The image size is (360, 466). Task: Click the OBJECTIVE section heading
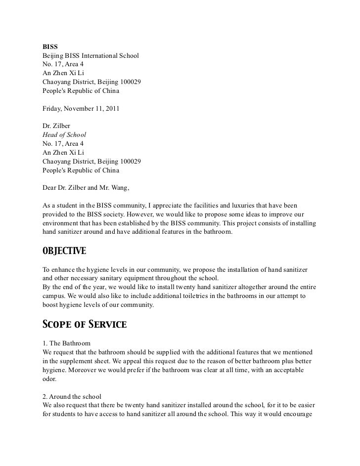pyautogui.click(x=64, y=251)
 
